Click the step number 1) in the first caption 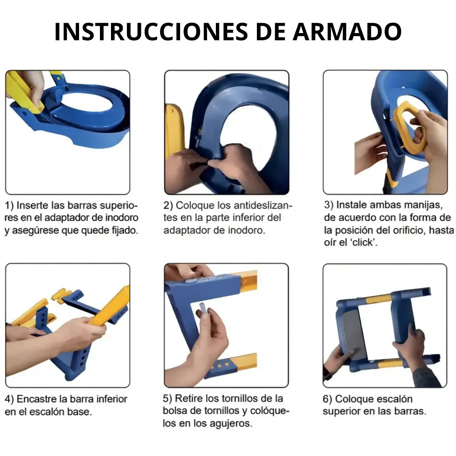coord(10,206)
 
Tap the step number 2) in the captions coord(168,206)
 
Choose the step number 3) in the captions coord(329,205)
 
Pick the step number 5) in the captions coord(168,399)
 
